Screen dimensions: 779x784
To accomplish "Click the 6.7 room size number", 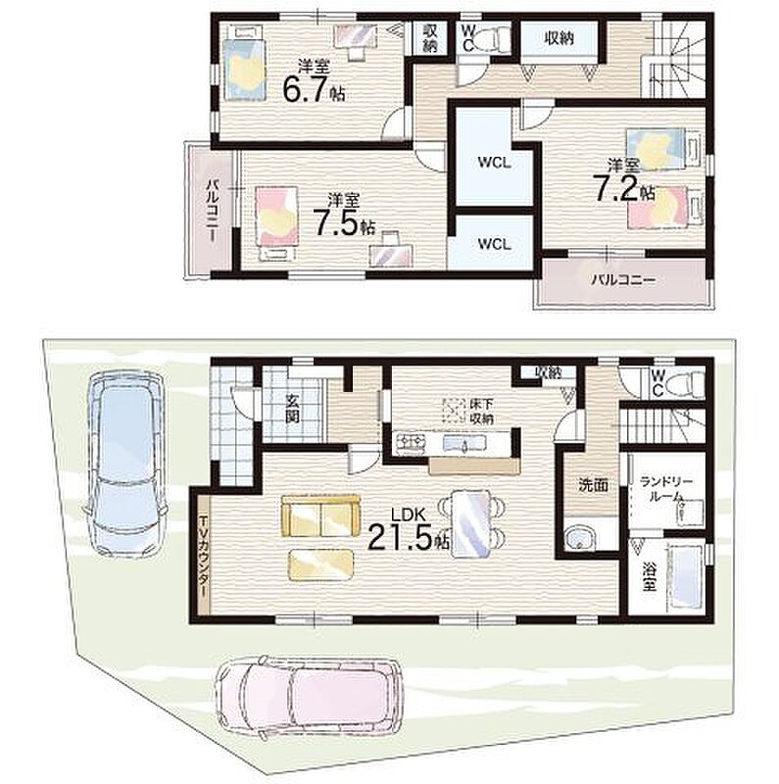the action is [305, 88].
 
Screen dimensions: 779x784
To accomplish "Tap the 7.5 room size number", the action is [335, 222].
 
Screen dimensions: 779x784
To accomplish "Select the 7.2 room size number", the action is [615, 188].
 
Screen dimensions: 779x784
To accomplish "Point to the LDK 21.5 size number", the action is [400, 537].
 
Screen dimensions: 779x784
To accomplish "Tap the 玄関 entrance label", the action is [293, 408].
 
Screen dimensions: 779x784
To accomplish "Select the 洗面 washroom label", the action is [594, 484].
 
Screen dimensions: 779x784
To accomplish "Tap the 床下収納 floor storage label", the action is [481, 411].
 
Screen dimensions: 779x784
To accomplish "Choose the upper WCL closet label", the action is [494, 163].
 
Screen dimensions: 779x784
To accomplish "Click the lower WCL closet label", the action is [494, 244].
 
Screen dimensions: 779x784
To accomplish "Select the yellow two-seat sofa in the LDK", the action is [320, 516].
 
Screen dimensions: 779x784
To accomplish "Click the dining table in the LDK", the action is [471, 523].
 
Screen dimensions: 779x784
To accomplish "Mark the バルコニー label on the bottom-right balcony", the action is [623, 280].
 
